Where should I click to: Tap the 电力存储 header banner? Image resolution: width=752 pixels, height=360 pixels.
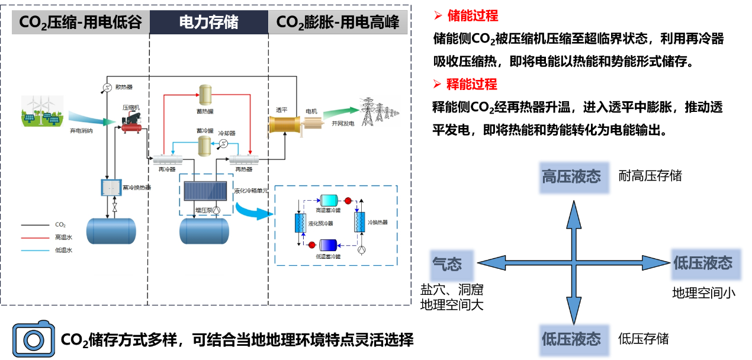pos(208,22)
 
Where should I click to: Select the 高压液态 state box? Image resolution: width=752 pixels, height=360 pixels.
pos(574,177)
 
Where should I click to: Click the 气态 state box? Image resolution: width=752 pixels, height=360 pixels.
pos(452,264)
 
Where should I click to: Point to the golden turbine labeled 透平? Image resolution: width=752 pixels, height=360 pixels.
pos(285,125)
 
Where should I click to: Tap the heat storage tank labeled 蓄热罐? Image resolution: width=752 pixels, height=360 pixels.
pos(205,94)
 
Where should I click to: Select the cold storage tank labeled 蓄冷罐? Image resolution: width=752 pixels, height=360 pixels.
pos(205,145)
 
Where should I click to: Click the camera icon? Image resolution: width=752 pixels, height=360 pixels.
pos(34,340)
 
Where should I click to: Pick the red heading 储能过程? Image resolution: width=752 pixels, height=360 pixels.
pos(473,16)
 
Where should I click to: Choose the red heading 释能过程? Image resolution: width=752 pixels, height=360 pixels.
pos(472,84)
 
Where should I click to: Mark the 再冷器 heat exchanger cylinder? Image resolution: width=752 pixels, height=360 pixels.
pos(168,159)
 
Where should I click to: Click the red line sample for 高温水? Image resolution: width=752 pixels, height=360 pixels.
pos(35,237)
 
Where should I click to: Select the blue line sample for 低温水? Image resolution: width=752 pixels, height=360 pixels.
pos(35,250)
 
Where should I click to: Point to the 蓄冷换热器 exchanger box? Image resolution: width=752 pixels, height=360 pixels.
pos(111,188)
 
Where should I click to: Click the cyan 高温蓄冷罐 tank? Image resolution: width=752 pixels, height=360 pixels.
pos(329,201)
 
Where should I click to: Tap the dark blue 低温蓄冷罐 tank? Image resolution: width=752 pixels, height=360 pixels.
pos(328,245)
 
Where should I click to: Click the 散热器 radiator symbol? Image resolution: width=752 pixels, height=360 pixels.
pos(107,88)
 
